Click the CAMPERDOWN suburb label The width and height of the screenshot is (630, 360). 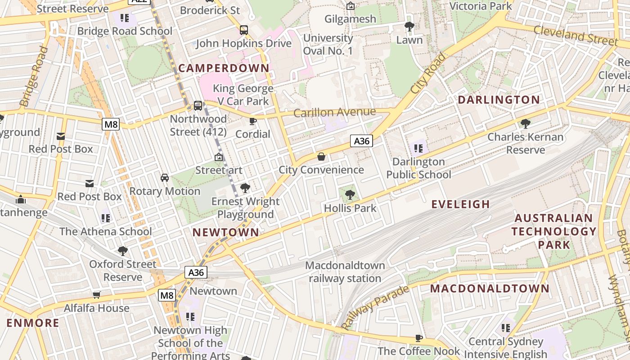pyautogui.click(x=224, y=68)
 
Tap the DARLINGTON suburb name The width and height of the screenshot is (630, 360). pyautogui.click(x=499, y=100)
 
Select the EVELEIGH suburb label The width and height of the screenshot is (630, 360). pyautogui.click(x=460, y=204)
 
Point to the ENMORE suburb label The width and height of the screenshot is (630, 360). pyautogui.click(x=33, y=323)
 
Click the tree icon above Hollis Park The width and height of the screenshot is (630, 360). pyautogui.click(x=350, y=195)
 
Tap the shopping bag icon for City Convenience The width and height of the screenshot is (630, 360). pyautogui.click(x=321, y=157)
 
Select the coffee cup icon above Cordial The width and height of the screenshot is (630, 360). pyautogui.click(x=253, y=121)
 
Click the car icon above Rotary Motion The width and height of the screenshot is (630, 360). pyautogui.click(x=165, y=178)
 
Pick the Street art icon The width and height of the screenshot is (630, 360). pyautogui.click(x=219, y=157)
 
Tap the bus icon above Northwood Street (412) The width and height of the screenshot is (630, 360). pyautogui.click(x=198, y=106)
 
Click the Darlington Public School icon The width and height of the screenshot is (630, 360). pyautogui.click(x=418, y=148)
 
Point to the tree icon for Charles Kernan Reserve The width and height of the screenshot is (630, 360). pyautogui.click(x=525, y=123)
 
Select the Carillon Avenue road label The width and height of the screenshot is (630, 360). pyautogui.click(x=334, y=112)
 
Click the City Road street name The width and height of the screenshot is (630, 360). pyautogui.click(x=428, y=73)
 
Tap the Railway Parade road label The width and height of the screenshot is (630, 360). pyautogui.click(x=374, y=307)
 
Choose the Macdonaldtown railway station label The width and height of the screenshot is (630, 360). pyautogui.click(x=345, y=272)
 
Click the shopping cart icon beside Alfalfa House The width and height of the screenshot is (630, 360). pyautogui.click(x=96, y=295)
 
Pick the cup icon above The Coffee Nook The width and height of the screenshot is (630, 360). pyautogui.click(x=419, y=338)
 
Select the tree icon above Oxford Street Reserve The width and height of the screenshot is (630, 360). pyautogui.click(x=122, y=251)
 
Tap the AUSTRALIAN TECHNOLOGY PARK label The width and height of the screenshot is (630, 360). pyautogui.click(x=553, y=231)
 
